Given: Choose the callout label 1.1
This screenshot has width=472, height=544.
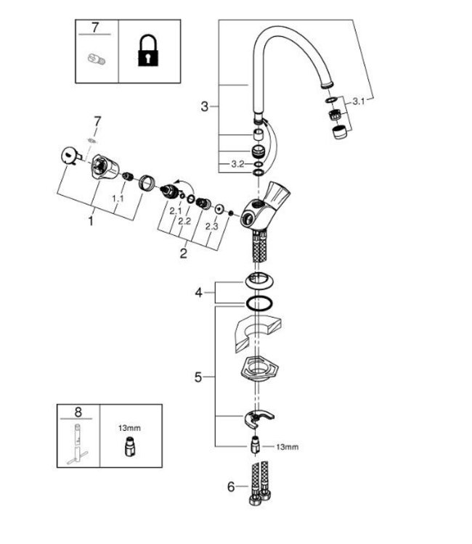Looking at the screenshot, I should [x=118, y=197].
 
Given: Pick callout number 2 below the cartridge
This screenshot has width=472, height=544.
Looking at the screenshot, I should [x=184, y=253].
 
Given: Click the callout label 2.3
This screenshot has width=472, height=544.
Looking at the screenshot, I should [x=211, y=226].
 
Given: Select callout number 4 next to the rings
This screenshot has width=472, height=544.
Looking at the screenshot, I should [x=198, y=294].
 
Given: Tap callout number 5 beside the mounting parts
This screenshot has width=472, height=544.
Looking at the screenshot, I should [x=198, y=377].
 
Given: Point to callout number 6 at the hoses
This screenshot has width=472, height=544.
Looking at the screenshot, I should [x=231, y=487].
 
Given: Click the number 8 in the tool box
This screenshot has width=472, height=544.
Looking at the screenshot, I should [x=78, y=411].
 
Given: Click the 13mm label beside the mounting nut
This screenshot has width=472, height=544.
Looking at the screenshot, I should [x=288, y=448].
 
